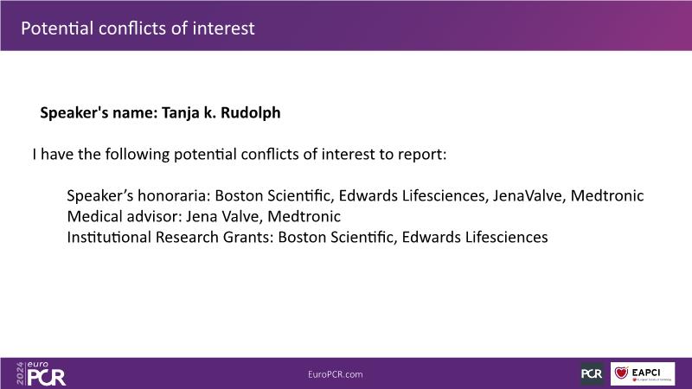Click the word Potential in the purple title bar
56,29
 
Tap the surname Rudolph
250,112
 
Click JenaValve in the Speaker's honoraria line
528,195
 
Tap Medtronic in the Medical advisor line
304,216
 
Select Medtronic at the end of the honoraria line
607,195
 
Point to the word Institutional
110,237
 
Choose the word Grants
248,237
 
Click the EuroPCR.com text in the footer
336,374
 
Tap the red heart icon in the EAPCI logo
621,373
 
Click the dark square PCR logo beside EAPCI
592,374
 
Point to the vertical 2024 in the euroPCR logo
20,373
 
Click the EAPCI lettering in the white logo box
645,373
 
